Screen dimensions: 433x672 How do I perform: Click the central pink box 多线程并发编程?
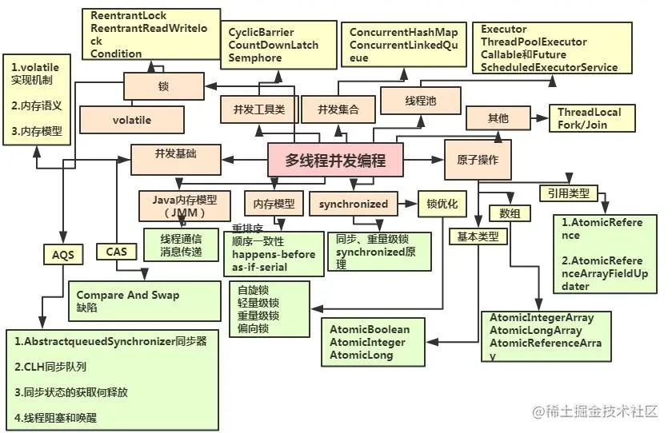click(x=335, y=160)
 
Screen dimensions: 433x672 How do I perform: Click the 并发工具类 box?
click(x=258, y=109)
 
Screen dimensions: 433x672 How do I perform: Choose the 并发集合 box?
click(x=338, y=109)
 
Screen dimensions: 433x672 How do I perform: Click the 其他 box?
click(x=498, y=118)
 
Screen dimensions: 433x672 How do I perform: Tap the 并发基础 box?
click(x=175, y=154)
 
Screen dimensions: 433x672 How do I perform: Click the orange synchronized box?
click(x=353, y=204)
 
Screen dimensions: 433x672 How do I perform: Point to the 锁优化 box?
click(x=442, y=204)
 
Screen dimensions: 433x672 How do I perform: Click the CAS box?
click(x=116, y=251)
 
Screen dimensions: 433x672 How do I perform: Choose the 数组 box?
click(x=510, y=213)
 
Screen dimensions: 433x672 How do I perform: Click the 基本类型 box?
click(x=478, y=236)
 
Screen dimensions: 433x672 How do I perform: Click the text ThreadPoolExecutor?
click(x=534, y=42)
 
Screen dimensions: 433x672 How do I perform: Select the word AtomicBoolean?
click(x=370, y=329)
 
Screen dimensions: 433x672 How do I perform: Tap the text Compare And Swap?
click(x=128, y=295)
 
